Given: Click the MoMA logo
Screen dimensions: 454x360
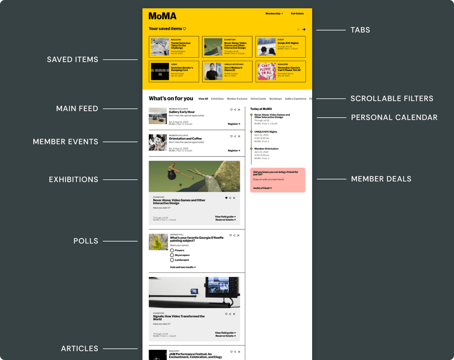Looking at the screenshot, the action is click(162, 16).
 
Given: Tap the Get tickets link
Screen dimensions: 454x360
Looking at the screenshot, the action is click(297, 14).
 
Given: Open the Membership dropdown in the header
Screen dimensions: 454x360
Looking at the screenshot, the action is click(274, 14).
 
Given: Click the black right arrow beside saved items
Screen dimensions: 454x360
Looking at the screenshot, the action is click(304, 30).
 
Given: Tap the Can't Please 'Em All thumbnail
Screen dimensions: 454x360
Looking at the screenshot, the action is click(266, 71).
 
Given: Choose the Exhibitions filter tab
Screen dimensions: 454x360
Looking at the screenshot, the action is click(217, 99).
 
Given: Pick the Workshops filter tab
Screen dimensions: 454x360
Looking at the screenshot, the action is click(275, 99).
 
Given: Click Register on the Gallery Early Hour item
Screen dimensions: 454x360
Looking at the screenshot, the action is click(234, 124).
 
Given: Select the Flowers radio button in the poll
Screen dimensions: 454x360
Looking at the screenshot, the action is click(172, 250).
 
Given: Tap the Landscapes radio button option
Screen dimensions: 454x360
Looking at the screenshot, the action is click(172, 260).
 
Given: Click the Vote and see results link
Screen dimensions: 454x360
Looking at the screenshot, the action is click(183, 267).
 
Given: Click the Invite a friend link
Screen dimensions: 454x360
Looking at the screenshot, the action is click(262, 188).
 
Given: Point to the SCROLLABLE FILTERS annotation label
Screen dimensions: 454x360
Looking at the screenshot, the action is click(391, 98).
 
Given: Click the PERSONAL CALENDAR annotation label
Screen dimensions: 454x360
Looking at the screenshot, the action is click(394, 117).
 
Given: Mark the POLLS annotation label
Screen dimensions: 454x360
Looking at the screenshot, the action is click(86, 241).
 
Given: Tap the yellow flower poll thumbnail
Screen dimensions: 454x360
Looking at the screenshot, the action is click(158, 242).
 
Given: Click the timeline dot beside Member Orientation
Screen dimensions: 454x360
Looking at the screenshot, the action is click(251, 149).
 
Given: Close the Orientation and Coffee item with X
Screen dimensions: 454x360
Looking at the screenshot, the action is click(239, 137).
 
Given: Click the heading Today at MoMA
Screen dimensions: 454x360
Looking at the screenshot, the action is click(261, 109).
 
